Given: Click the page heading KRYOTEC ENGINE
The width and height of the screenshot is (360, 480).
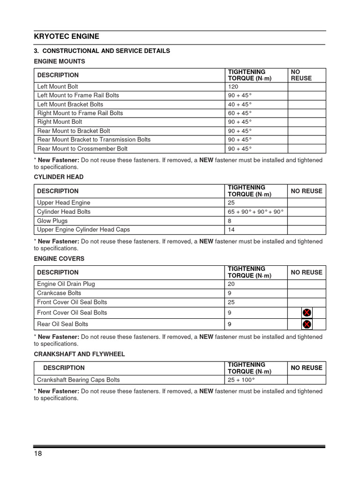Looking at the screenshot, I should [x=67, y=37].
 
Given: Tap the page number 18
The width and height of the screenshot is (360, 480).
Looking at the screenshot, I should [x=38, y=454].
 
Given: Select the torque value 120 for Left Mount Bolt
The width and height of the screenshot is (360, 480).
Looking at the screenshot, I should [x=233, y=87].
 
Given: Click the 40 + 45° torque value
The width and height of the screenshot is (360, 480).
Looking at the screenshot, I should [x=240, y=105].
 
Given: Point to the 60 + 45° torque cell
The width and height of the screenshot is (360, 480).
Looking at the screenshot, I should [x=240, y=113].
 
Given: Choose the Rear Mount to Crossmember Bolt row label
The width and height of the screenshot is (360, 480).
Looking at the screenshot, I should [x=82, y=149].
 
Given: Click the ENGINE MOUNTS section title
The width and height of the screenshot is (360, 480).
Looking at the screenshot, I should [x=60, y=61].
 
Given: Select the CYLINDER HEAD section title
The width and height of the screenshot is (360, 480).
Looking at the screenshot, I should [x=59, y=177].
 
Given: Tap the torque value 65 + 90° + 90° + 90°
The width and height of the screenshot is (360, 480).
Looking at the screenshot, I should [x=256, y=212].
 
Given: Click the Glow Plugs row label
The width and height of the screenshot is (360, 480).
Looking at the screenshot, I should [x=52, y=221].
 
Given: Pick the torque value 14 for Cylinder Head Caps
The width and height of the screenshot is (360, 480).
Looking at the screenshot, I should [x=231, y=230].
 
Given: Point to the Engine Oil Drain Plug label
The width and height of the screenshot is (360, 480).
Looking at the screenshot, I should [x=66, y=284].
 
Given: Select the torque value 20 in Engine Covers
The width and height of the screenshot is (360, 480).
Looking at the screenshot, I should [x=232, y=284].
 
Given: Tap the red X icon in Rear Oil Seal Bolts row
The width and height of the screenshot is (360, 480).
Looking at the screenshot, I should [x=307, y=324].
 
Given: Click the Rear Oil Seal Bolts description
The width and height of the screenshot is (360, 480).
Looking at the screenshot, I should [x=63, y=324].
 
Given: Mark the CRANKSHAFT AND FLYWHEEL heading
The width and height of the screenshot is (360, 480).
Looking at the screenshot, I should [x=79, y=354].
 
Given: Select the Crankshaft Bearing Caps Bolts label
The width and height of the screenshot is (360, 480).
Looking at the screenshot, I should [x=79, y=380].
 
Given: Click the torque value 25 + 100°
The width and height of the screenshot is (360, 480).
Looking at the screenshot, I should [x=241, y=380].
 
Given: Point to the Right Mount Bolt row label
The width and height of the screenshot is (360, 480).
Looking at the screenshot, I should [x=60, y=122].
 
